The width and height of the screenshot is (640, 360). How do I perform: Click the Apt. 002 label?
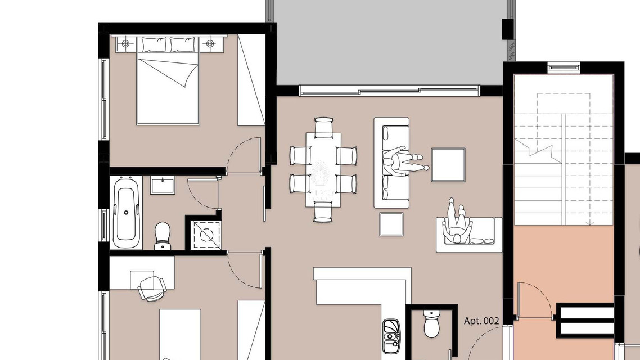[x=481, y=321]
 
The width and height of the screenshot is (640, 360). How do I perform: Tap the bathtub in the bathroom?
[x=126, y=212]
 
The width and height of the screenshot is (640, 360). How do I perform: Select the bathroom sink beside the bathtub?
[x=163, y=185]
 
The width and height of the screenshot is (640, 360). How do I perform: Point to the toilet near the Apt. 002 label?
[x=432, y=323]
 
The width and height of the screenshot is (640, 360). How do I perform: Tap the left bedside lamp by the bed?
[x=126, y=44]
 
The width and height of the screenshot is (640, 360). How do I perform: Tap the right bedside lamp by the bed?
[x=210, y=44]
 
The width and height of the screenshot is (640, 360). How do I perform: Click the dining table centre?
[x=324, y=169]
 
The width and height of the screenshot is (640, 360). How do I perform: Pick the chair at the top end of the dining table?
[x=324, y=125]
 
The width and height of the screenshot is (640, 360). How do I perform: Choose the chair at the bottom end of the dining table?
[x=323, y=214]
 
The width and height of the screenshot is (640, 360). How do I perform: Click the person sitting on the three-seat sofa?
[x=404, y=162]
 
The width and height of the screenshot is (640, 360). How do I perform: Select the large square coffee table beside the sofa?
[x=448, y=164]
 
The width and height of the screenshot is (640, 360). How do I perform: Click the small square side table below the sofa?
[x=391, y=224]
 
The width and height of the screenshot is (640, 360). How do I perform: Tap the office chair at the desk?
[x=152, y=288]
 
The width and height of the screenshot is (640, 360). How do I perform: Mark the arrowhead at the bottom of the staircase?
[x=589, y=223]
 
